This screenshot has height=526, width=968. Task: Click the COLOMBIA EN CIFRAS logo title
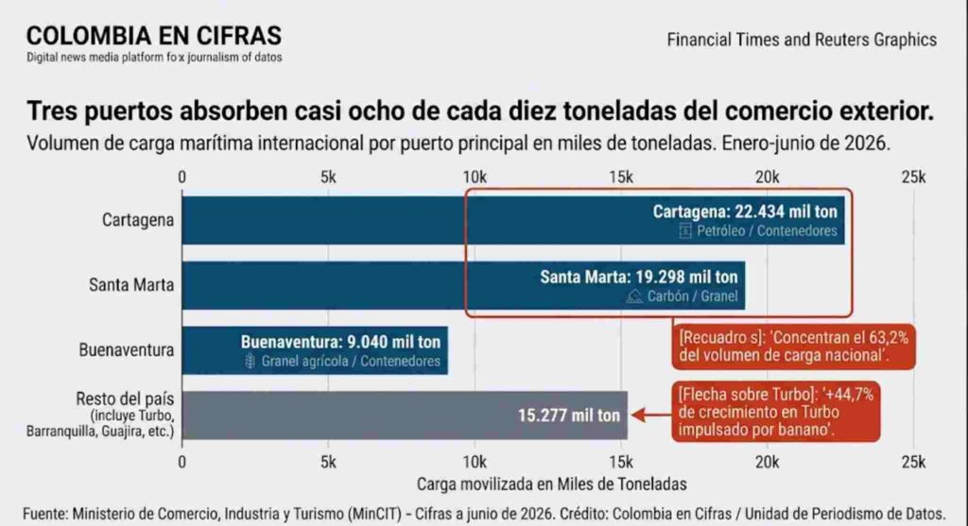coord(154,36)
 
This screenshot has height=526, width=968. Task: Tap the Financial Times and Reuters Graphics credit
coord(802,40)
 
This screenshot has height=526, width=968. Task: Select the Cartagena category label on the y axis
coord(138,220)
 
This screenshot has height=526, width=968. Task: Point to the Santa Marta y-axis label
coord(130,285)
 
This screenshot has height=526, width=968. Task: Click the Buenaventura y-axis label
coord(126,350)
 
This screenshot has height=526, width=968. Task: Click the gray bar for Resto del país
coord(405,415)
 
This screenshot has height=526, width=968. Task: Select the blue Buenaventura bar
coord(315,350)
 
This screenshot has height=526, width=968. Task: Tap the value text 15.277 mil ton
coord(568,416)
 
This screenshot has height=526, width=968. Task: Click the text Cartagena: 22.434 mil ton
coord(745,212)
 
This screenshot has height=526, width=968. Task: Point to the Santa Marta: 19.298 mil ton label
coord(639,277)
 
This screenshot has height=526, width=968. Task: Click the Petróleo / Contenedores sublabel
coord(767,231)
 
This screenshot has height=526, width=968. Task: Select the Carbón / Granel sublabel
coord(692,297)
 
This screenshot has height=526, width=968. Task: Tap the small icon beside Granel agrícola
coord(250,362)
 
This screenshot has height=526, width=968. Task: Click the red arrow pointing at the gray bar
coord(651,415)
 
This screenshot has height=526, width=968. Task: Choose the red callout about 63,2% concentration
coord(793,347)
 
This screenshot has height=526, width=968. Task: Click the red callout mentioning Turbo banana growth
coord(776,412)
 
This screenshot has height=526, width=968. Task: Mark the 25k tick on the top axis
coord(914,178)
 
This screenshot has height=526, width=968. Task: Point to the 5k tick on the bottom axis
coord(328,463)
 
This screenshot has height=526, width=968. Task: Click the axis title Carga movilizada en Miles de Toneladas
coord(551,484)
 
